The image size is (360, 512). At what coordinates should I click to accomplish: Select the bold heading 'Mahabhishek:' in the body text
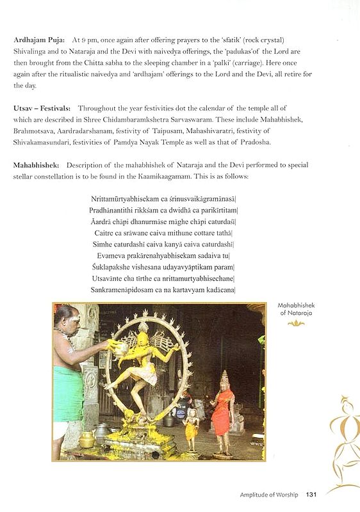click(x=37, y=165)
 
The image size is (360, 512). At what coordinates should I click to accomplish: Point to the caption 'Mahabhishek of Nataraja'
click(x=296, y=310)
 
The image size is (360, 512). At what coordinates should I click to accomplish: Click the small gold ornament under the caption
click(x=296, y=323)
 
